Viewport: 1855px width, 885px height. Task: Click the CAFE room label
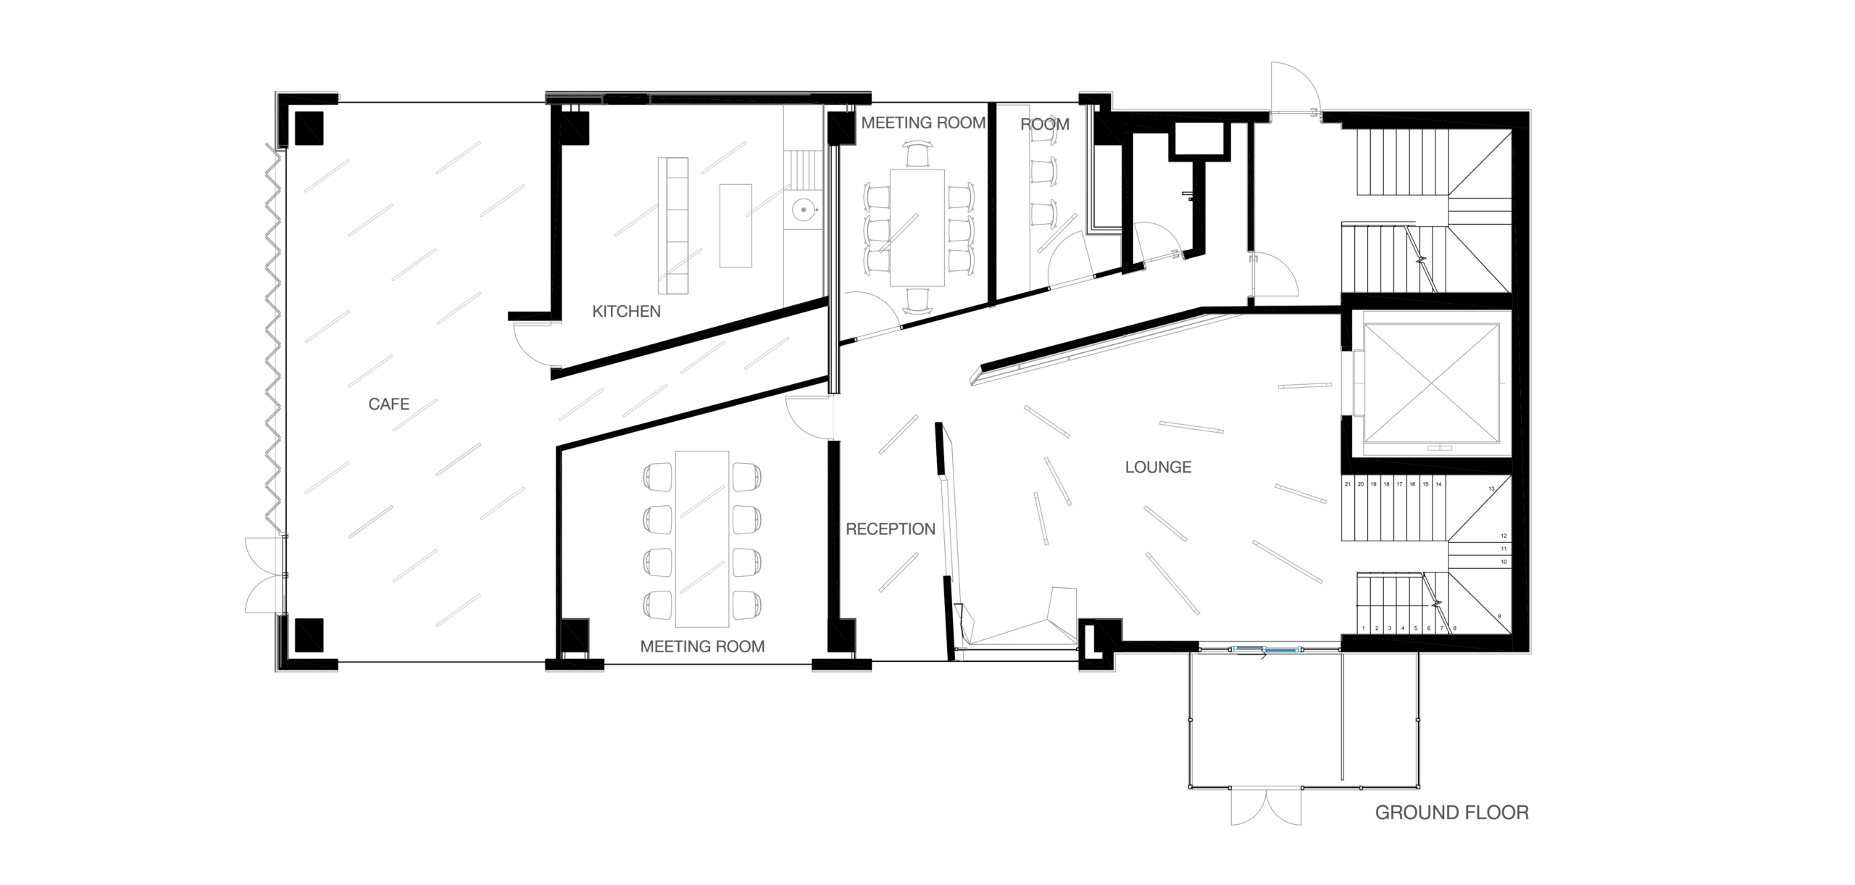(388, 404)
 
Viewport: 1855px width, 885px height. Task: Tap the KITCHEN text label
(626, 312)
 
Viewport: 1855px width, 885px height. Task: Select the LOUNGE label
(1158, 468)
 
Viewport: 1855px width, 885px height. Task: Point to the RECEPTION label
(891, 529)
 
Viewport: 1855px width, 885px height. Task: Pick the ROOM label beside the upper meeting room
(1045, 125)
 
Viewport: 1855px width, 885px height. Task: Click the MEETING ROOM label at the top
(923, 123)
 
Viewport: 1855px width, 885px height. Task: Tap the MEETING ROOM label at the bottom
(702, 647)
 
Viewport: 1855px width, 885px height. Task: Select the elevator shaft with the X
(1432, 383)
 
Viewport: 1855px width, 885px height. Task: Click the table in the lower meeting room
(701, 539)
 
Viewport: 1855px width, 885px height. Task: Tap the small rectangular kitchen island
(735, 225)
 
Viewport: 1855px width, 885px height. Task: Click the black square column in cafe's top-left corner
(309, 128)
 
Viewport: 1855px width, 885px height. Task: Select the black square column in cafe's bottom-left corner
(309, 636)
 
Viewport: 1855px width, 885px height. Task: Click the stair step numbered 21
(1348, 484)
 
